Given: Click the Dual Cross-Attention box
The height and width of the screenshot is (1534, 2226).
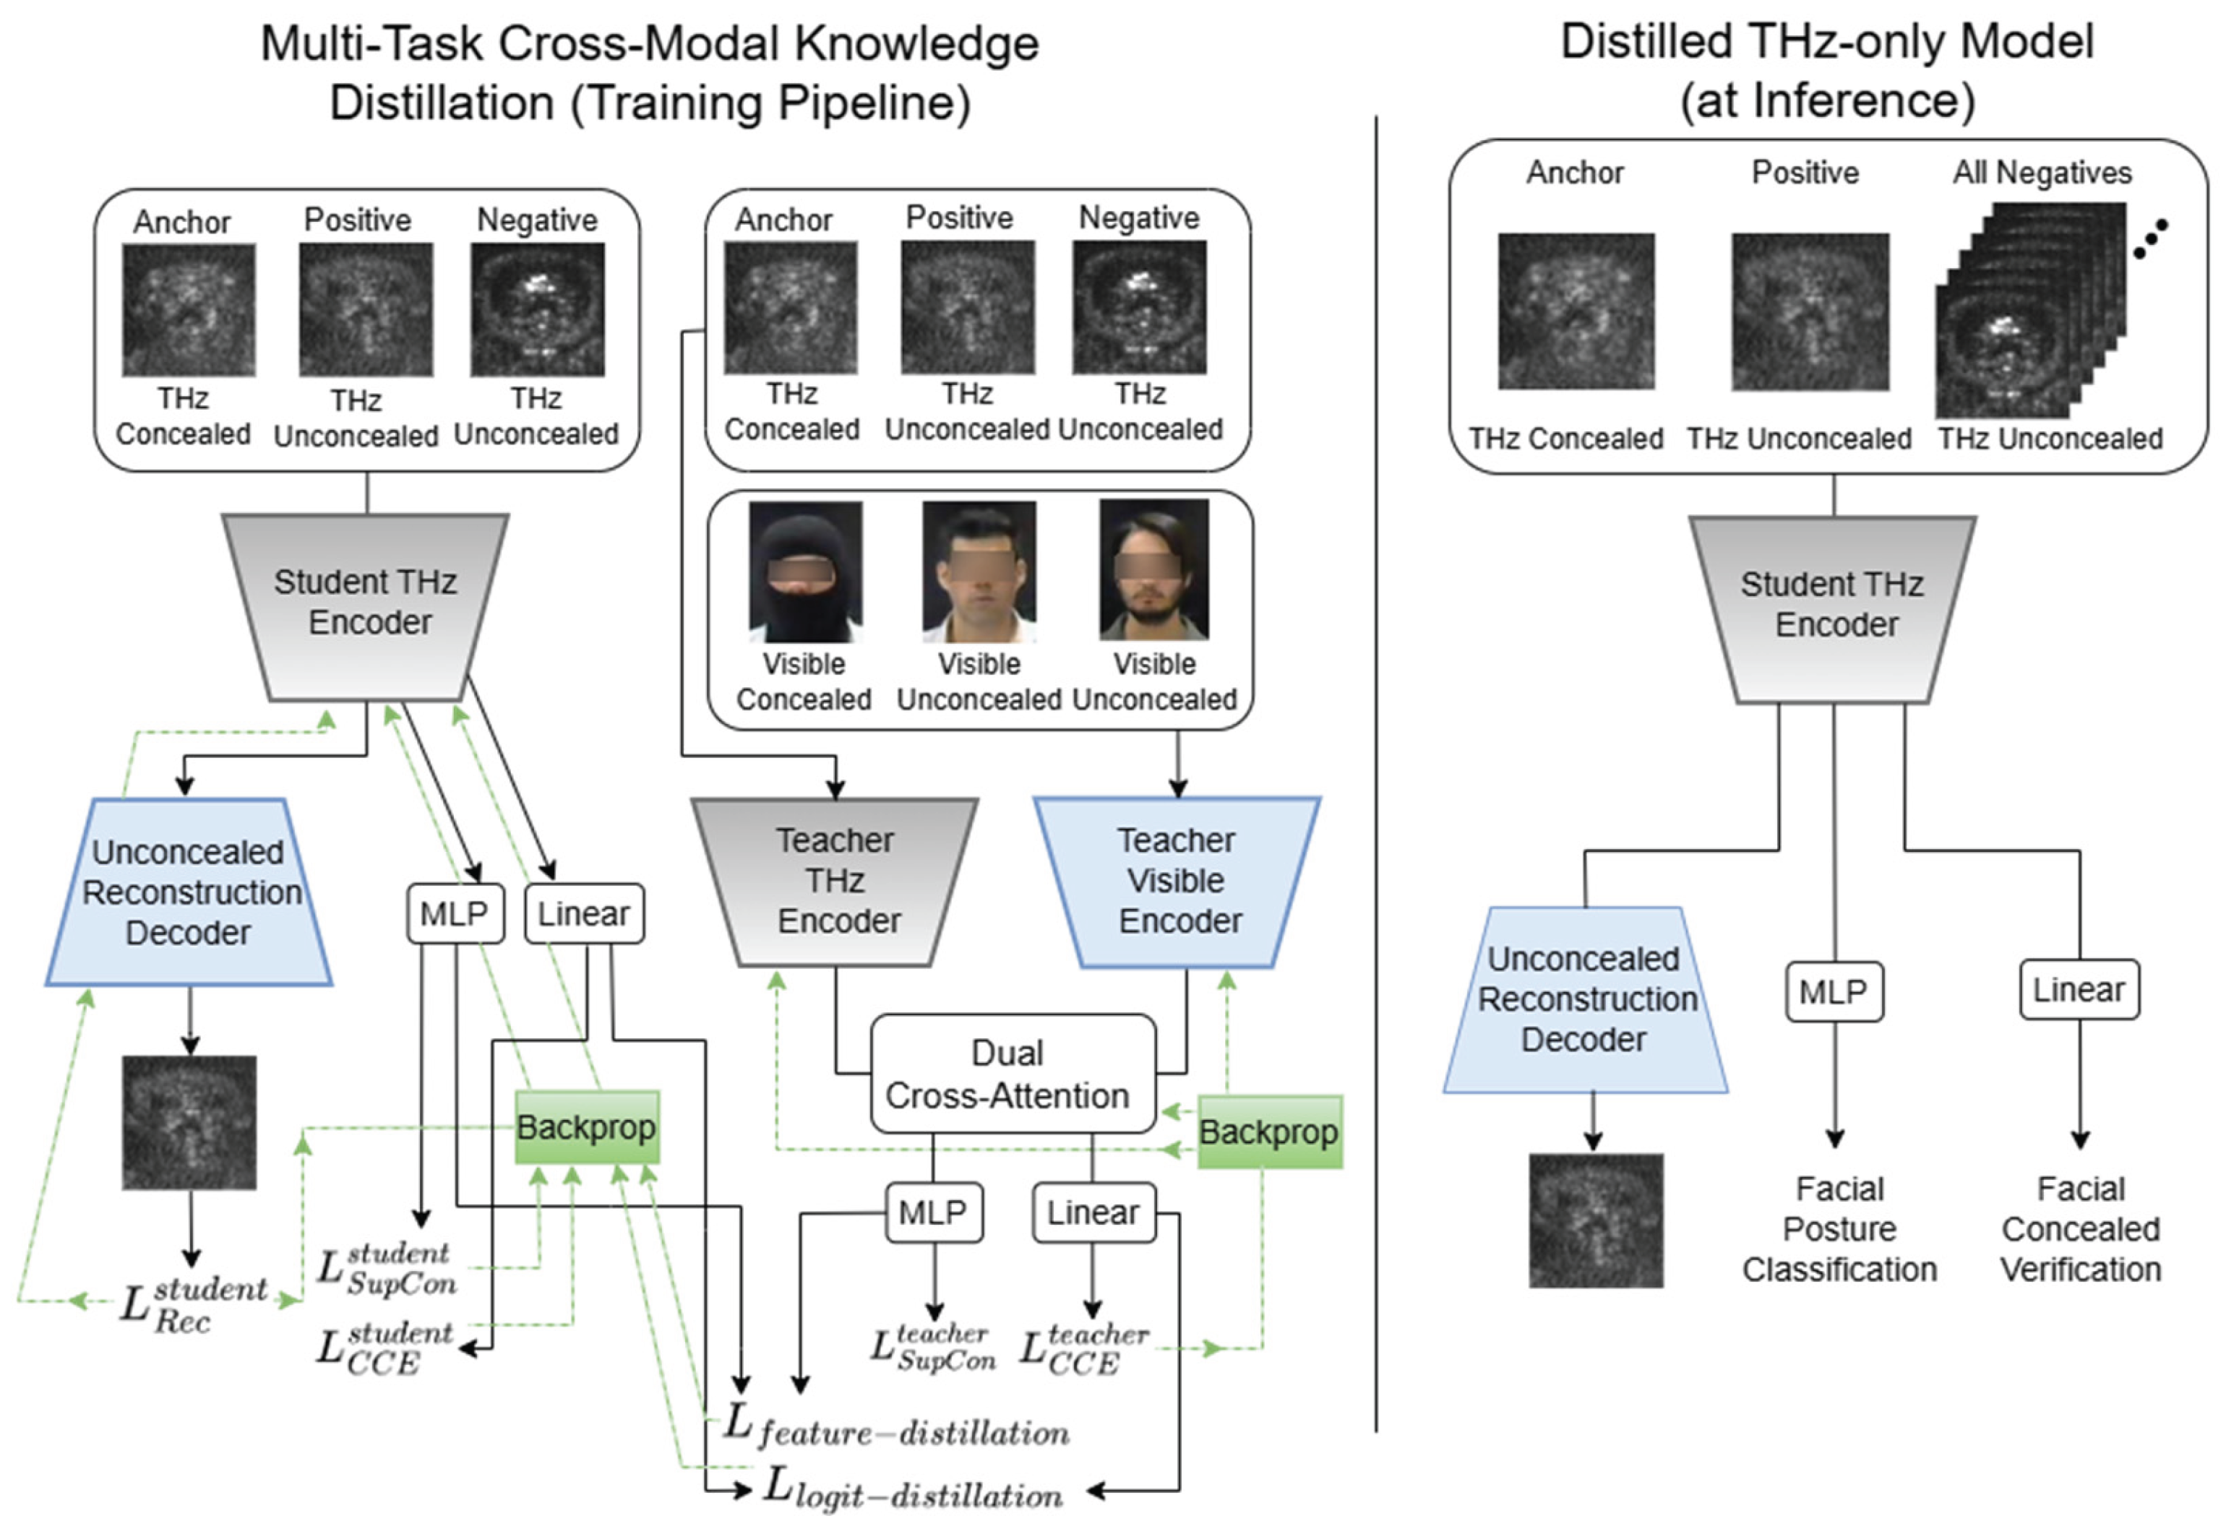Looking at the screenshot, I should pyautogui.click(x=1011, y=1074).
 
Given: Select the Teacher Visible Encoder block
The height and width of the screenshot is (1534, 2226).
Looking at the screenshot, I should pyautogui.click(x=1177, y=882).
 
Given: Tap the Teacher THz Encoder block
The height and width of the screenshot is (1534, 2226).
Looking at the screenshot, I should pyautogui.click(x=836, y=882).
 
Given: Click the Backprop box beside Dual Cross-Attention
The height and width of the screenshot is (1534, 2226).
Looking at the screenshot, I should pyautogui.click(x=1268, y=1132).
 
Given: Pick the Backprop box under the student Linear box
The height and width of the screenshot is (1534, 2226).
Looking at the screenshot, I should pyautogui.click(x=586, y=1127).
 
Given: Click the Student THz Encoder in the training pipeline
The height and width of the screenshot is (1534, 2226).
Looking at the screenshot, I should pyautogui.click(x=366, y=603).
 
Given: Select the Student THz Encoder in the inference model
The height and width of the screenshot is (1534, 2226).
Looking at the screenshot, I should pyautogui.click(x=1833, y=606).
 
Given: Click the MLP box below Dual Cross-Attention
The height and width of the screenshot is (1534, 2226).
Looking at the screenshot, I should pyautogui.click(x=932, y=1212).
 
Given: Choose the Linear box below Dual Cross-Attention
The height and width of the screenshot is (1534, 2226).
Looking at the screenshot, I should pyautogui.click(x=1093, y=1212).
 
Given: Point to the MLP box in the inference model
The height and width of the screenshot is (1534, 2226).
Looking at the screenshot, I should pyautogui.click(x=1833, y=991).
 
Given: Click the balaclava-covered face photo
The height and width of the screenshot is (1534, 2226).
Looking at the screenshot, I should pyautogui.click(x=805, y=571).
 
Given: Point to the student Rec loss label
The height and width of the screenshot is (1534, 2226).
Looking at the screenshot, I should pyautogui.click(x=192, y=1304).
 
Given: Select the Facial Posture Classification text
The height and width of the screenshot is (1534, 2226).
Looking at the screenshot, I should pyautogui.click(x=1839, y=1229).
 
